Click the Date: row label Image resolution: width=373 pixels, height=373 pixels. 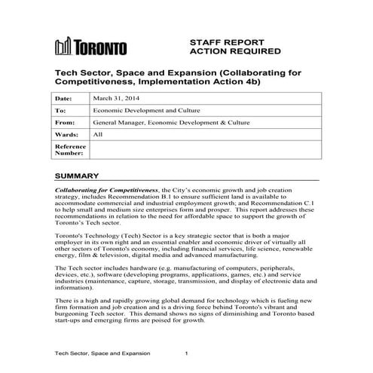coord(66,99)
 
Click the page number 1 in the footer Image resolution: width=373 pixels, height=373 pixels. coord(187,353)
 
